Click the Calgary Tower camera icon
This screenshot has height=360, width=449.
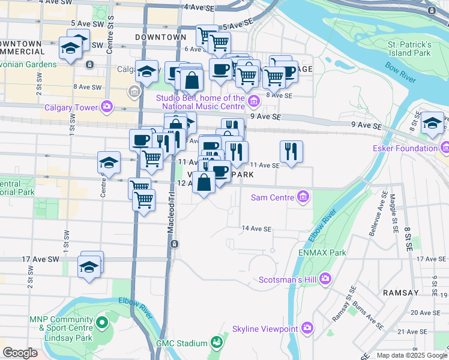[107, 107]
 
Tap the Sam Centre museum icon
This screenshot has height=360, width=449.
[304, 196]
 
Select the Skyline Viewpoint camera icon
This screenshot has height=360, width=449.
[307, 328]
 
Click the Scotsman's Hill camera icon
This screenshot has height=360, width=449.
[325, 278]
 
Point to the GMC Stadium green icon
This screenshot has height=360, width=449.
[217, 343]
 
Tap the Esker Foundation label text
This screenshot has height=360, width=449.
[412, 148]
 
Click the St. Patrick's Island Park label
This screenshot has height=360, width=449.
[409, 49]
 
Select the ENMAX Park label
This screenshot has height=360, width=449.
[322, 253]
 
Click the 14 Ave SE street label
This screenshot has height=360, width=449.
[257, 229]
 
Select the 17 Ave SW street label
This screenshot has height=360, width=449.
[40, 259]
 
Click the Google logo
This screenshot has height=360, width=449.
[20, 353]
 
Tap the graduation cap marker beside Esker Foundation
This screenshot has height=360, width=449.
[432, 124]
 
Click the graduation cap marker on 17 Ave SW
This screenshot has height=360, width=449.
[89, 265]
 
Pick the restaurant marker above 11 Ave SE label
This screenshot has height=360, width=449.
[291, 152]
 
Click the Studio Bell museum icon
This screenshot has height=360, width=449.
[254, 100]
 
